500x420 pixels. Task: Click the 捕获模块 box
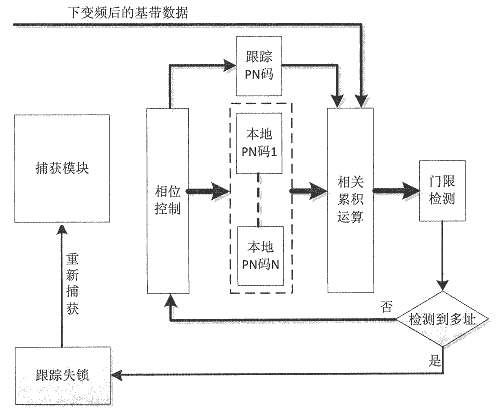click(62, 168)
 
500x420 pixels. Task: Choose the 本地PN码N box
click(260, 255)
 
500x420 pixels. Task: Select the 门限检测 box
click(442, 190)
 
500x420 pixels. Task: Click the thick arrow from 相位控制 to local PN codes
click(210, 190)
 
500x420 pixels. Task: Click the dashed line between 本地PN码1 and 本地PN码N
click(259, 200)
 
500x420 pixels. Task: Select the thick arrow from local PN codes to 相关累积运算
click(307, 190)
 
